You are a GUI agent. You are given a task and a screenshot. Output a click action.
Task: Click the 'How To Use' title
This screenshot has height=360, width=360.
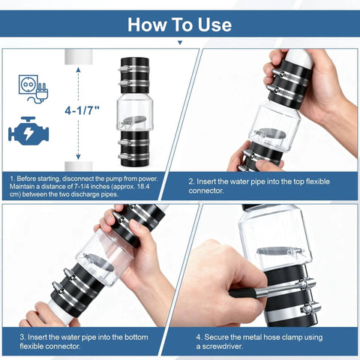[179, 25]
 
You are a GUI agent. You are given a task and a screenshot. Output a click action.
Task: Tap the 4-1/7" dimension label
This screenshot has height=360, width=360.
[82, 110]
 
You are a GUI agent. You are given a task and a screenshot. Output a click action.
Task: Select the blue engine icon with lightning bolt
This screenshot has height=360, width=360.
[28, 131]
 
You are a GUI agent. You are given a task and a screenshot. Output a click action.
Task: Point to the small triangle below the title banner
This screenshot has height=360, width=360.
[180, 43]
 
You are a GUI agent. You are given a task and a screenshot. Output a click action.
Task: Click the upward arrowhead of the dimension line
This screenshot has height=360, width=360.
[78, 70]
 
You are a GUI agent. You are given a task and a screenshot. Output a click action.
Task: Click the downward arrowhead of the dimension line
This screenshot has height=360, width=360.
[78, 157]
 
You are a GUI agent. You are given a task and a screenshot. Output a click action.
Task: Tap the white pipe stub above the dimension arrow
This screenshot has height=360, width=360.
[78, 57]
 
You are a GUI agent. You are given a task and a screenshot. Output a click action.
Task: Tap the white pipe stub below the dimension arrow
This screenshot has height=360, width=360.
[78, 166]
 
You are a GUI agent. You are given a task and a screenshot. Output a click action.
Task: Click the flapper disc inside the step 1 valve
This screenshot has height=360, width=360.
[133, 121]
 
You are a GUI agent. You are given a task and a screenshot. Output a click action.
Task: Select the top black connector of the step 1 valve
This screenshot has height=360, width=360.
[135, 76]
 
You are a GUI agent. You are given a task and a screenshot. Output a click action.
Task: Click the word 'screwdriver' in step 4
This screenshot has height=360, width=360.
[222, 346]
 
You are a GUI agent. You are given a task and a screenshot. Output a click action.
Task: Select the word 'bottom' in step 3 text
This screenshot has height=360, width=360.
[136, 337]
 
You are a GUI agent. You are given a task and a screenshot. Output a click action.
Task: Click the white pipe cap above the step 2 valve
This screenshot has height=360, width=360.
[300, 58]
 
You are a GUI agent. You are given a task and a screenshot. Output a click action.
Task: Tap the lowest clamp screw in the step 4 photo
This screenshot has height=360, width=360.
[310, 307]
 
